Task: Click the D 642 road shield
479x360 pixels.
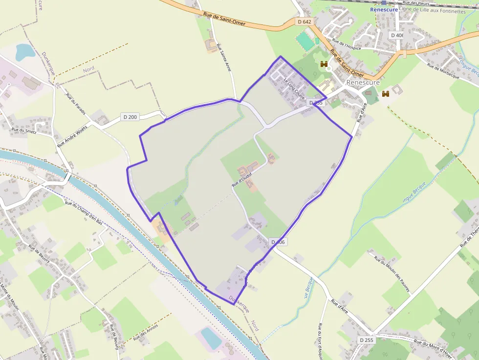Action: (304, 22)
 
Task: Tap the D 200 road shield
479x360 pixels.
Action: (130, 117)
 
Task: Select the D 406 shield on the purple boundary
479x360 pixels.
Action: (277, 242)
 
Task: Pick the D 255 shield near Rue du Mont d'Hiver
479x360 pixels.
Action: (366, 339)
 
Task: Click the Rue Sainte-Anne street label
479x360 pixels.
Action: (223, 56)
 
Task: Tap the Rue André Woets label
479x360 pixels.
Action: (72, 135)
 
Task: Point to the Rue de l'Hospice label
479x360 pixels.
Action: (346, 44)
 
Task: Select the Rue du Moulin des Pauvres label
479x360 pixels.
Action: (392, 274)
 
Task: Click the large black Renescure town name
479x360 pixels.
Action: (363, 83)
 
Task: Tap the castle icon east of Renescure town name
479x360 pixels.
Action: (386, 93)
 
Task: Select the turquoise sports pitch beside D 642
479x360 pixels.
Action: (305, 41)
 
